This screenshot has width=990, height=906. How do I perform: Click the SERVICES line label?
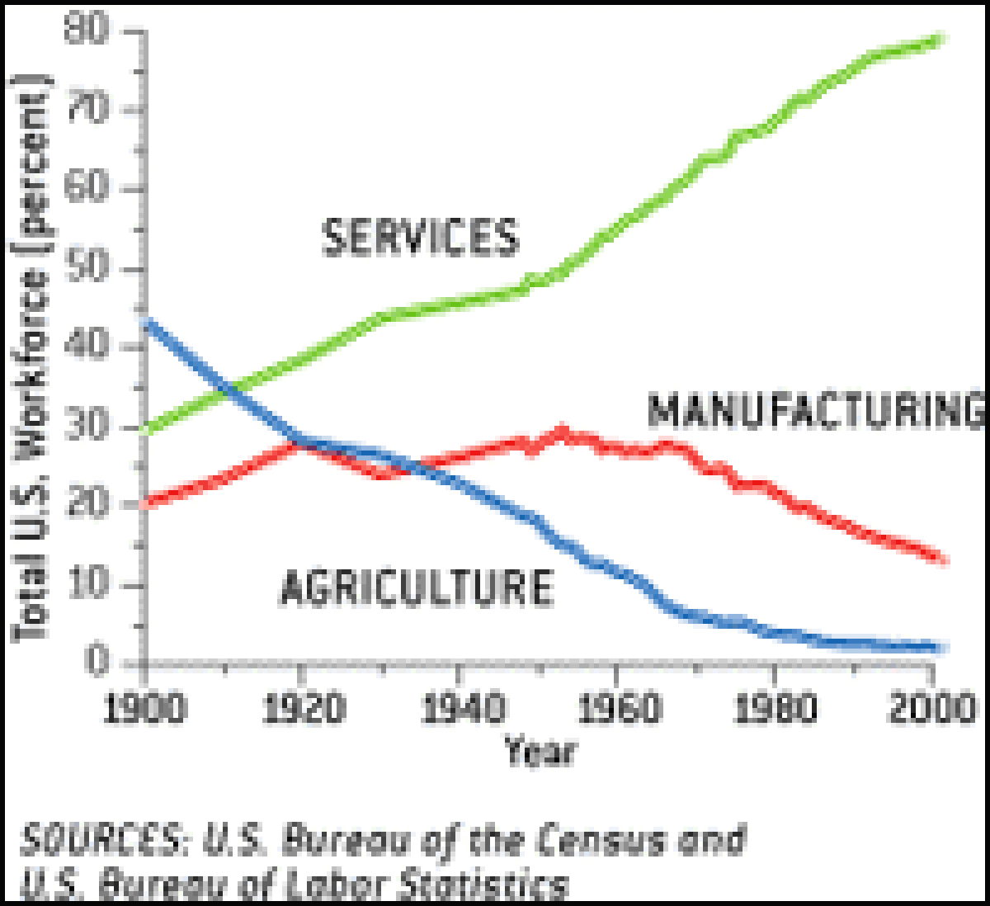tap(420, 237)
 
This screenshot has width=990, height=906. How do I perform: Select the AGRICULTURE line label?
tap(416, 588)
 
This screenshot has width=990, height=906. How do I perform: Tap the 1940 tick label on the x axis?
tap(459, 708)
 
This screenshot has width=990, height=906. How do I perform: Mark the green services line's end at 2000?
tap(939, 40)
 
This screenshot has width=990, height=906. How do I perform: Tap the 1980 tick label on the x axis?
tap(772, 708)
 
